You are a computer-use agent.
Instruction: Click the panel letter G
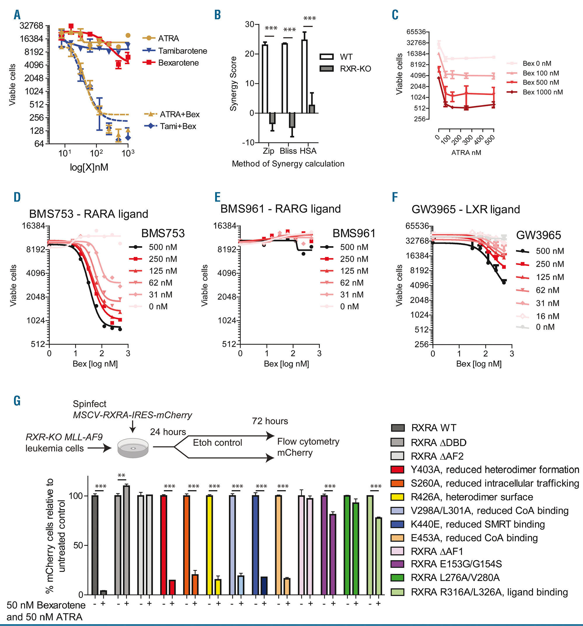point(17,401)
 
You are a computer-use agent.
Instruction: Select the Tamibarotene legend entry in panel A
point(182,51)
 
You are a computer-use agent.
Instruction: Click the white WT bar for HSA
point(304,76)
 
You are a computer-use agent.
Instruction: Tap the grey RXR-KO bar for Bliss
point(292,120)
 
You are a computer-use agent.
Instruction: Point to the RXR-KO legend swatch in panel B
point(326,69)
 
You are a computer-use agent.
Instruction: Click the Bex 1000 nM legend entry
point(542,92)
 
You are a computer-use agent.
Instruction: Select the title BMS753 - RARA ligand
point(88,214)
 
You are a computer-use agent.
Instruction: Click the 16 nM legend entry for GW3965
point(547,316)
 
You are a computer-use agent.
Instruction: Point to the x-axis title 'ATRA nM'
point(466,153)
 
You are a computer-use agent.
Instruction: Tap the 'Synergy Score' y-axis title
point(233,84)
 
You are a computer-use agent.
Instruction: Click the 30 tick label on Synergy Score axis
point(250,25)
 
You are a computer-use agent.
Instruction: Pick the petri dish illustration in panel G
point(133,447)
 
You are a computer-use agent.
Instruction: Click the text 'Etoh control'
point(217,442)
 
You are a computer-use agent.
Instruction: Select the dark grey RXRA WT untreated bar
point(95,545)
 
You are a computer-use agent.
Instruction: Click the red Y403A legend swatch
point(397,470)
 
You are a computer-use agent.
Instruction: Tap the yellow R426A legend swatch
point(397,497)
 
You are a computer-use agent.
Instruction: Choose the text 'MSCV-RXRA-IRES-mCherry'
point(132,415)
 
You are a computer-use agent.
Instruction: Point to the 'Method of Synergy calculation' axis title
point(288,164)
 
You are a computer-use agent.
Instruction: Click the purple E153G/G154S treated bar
point(333,554)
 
